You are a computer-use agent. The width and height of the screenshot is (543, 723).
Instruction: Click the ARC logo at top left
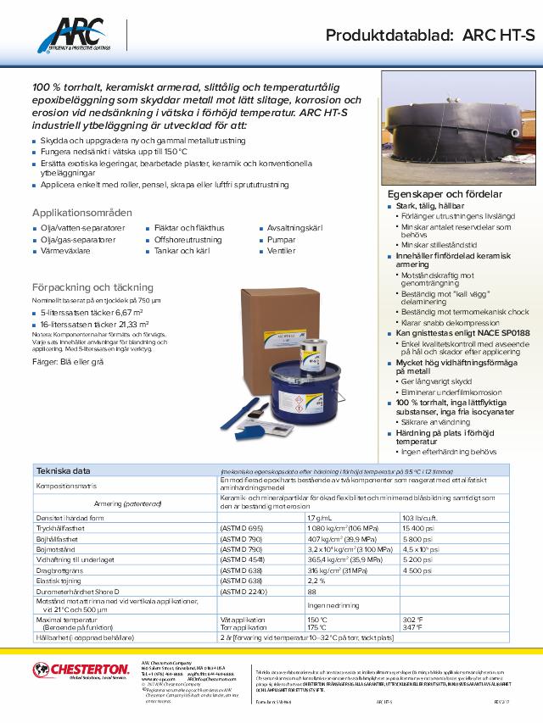(x=76, y=36)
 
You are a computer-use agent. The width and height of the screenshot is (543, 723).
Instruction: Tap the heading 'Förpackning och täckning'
(x=92, y=287)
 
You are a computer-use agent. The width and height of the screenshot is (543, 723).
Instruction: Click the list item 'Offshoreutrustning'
(x=188, y=240)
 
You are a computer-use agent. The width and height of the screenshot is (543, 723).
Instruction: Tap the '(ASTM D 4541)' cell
(x=243, y=560)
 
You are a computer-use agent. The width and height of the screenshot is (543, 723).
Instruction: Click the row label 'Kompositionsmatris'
(x=67, y=487)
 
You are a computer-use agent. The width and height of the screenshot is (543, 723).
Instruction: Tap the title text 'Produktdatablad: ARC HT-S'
(x=433, y=35)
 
